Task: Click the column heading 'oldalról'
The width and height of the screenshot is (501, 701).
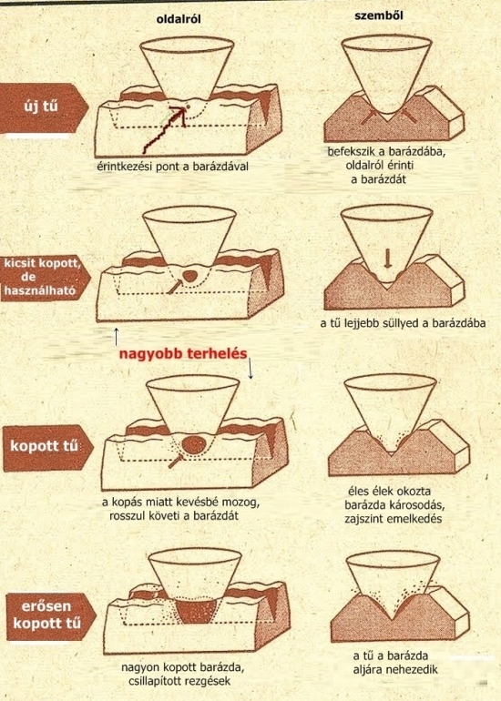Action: pyautogui.click(x=179, y=20)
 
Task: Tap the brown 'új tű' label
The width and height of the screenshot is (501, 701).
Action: pyautogui.click(x=43, y=108)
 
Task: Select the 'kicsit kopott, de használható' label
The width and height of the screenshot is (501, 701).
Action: pyautogui.click(x=44, y=277)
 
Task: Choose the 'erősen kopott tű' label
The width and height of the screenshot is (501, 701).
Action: pyautogui.click(x=49, y=616)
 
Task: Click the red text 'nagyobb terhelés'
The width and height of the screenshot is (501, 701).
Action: pyautogui.click(x=183, y=354)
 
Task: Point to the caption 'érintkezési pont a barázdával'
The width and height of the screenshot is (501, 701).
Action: pyautogui.click(x=173, y=167)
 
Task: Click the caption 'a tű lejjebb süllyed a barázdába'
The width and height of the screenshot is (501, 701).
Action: pyautogui.click(x=403, y=323)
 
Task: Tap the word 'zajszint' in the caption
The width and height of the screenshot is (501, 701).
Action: pyautogui.click(x=363, y=519)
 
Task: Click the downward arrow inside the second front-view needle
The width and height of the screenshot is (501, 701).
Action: pyautogui.click(x=387, y=259)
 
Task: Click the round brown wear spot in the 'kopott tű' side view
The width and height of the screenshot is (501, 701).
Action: pyautogui.click(x=194, y=445)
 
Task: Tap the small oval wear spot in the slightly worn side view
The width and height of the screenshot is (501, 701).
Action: pyautogui.click(x=189, y=276)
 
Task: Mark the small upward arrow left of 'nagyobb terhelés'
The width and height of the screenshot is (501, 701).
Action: pyautogui.click(x=116, y=336)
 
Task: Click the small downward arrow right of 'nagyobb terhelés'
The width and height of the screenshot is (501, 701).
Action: pyautogui.click(x=250, y=368)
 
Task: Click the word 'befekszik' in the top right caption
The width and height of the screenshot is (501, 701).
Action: pyautogui.click(x=350, y=151)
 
